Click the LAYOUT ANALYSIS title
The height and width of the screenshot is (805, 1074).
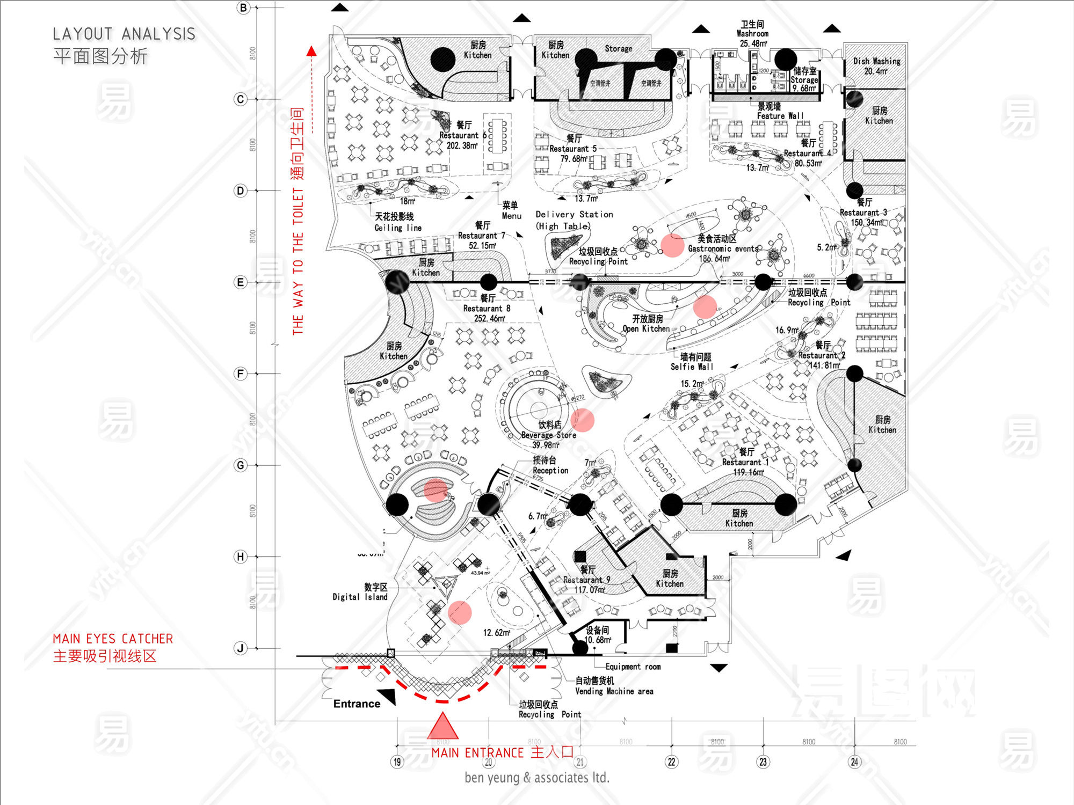(124, 34)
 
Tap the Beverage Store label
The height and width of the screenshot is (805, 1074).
(548, 435)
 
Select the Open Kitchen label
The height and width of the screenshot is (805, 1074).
(646, 328)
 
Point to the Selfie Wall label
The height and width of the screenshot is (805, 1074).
(692, 367)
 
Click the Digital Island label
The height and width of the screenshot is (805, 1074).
(360, 597)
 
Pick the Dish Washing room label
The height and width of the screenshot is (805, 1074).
(876, 61)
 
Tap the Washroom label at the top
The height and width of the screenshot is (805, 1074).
(752, 33)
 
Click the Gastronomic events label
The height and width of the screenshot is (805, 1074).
(723, 248)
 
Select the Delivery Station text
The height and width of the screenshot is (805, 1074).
(574, 215)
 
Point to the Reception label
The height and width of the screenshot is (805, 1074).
(550, 470)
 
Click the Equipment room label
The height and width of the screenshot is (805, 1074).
(633, 667)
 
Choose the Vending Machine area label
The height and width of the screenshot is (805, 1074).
(614, 691)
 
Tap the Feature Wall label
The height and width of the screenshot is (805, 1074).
(780, 116)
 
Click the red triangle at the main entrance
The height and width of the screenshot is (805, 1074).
(442, 727)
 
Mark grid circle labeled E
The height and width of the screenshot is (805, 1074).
(241, 282)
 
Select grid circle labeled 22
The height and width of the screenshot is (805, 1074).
(671, 762)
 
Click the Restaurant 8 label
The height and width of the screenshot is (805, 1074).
(487, 309)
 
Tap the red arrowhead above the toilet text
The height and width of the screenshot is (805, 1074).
(311, 52)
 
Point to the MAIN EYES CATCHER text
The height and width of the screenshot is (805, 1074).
(113, 639)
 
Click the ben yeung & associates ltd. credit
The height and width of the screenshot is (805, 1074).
(537, 777)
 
